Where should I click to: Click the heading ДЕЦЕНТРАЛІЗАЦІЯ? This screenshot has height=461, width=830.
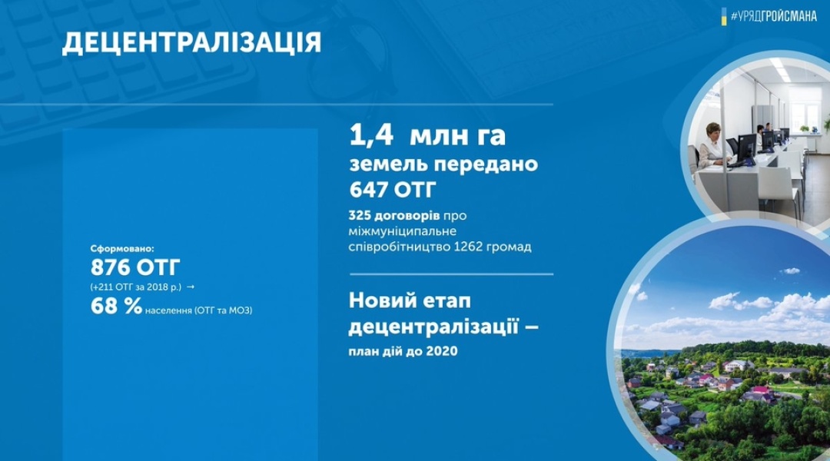point(191,43)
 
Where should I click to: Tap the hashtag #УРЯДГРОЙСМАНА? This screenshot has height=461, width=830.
point(773,16)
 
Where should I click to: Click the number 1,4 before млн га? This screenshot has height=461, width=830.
point(371,136)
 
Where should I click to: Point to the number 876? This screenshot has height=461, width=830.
point(110,268)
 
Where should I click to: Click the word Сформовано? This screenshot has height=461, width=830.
point(122,247)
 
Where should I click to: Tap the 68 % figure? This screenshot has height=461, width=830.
point(116,306)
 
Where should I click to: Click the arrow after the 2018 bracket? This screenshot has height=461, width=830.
point(191,287)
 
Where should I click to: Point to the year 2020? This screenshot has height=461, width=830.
point(441,351)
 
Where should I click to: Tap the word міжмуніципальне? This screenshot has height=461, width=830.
point(402,232)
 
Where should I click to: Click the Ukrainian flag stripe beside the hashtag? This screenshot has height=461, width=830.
point(724,16)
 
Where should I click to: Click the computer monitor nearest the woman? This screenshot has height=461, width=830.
point(745,147)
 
